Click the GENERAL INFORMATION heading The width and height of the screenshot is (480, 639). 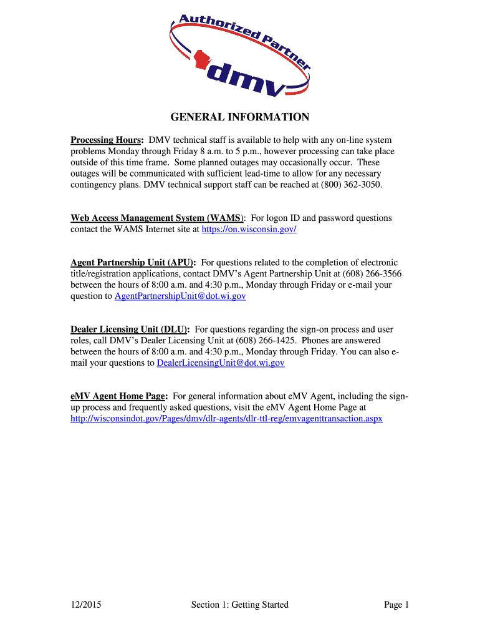tap(240, 117)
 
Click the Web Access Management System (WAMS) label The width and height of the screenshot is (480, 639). tap(157, 218)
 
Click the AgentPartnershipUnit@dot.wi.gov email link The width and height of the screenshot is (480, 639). tap(180, 296)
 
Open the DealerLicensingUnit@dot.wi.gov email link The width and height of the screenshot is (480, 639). tap(221, 363)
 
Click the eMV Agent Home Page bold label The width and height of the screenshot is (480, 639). tap(118, 396)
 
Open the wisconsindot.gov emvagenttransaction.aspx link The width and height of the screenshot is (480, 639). tap(226, 419)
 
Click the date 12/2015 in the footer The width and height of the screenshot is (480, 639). tap(86, 605)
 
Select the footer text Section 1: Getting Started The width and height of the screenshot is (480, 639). tap(240, 605)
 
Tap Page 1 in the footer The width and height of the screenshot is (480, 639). tap(396, 605)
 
